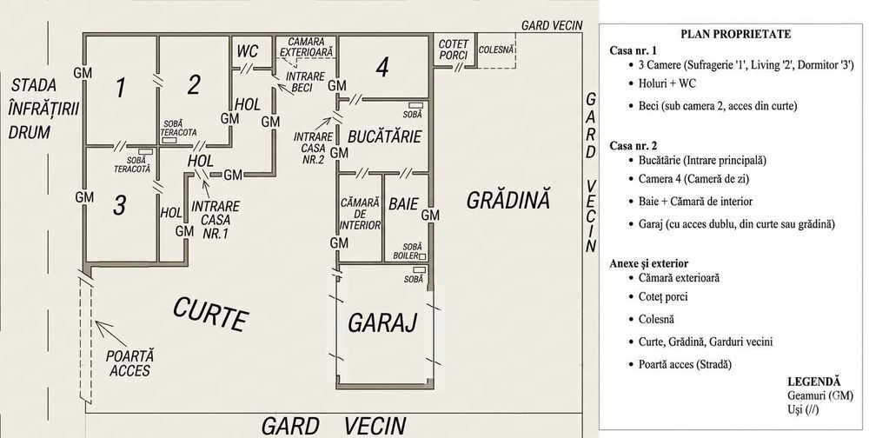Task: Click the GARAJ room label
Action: pyautogui.click(x=381, y=322)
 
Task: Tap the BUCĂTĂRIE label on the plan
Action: pyautogui.click(x=385, y=136)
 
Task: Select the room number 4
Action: pyautogui.click(x=381, y=68)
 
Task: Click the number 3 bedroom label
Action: pyautogui.click(x=119, y=205)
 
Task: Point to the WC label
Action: pyautogui.click(x=247, y=51)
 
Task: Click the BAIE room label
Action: pyautogui.click(x=403, y=203)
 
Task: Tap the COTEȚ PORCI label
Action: pyautogui.click(x=454, y=50)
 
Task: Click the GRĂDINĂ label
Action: pyautogui.click(x=508, y=200)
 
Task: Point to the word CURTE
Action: pyautogui.click(x=210, y=314)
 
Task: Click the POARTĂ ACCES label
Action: pyautogui.click(x=130, y=363)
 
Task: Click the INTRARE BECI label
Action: pyautogui.click(x=305, y=82)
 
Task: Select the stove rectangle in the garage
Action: pyautogui.click(x=420, y=269)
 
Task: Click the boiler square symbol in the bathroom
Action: pyautogui.click(x=422, y=256)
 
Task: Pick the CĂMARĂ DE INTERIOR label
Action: pyautogui.click(x=361, y=214)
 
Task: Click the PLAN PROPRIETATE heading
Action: pyautogui.click(x=735, y=34)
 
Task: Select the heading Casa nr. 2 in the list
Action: pyautogui.click(x=634, y=146)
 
